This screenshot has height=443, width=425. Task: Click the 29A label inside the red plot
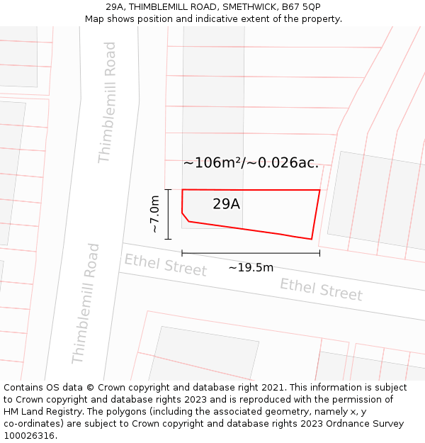pyautogui.click(x=226, y=204)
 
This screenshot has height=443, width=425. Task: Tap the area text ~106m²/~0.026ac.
pyautogui.click(x=251, y=163)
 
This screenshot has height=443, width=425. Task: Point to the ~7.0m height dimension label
pyautogui.click(x=154, y=214)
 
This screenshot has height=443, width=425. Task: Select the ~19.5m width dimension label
pyautogui.click(x=251, y=267)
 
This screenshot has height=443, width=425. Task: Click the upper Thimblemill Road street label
pyautogui.click(x=106, y=102)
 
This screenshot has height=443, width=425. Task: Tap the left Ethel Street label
pyautogui.click(x=166, y=265)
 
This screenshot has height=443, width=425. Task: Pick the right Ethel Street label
pyautogui.click(x=321, y=288)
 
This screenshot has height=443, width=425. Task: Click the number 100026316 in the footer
pyautogui.click(x=29, y=436)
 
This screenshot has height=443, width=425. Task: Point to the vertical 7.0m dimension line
pyautogui.click(x=169, y=214)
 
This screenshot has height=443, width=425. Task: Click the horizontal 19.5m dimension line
pyautogui.click(x=251, y=252)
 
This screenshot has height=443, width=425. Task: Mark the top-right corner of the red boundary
pyautogui.click(x=319, y=190)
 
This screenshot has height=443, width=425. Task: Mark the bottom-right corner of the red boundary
pyautogui.click(x=312, y=239)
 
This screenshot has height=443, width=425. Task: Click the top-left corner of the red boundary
pyautogui.click(x=183, y=190)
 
